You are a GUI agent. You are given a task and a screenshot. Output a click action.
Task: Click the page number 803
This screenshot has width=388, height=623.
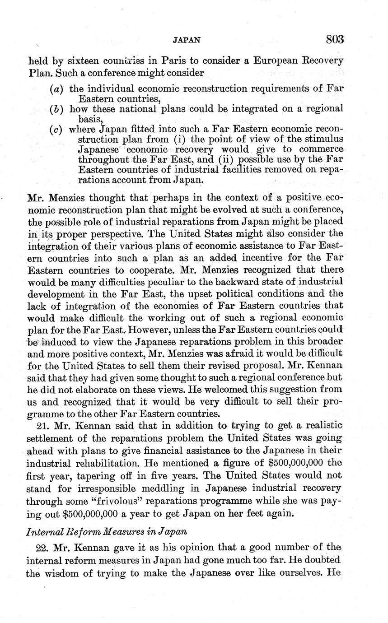(334, 39)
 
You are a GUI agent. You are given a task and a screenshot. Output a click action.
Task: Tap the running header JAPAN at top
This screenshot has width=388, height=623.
(186, 40)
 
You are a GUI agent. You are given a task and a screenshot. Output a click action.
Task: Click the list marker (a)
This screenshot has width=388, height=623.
(56, 89)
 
